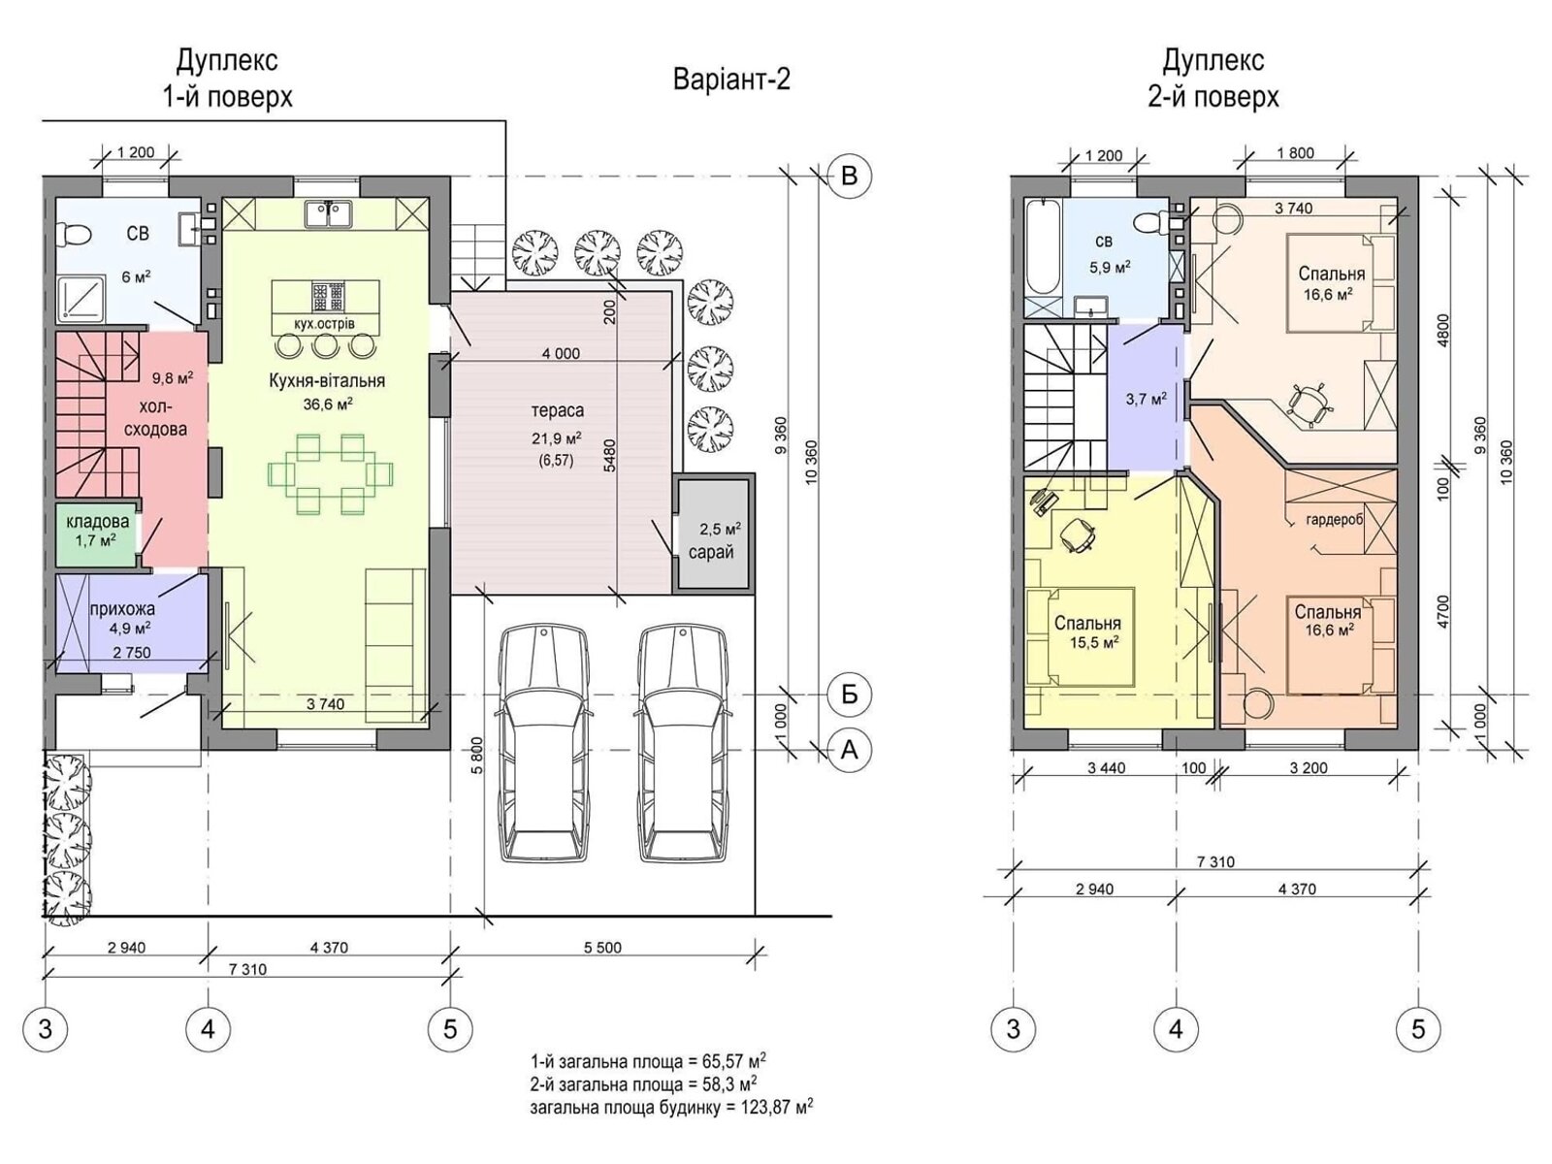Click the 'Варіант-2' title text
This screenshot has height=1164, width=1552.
click(731, 80)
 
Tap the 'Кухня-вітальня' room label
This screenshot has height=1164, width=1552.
click(327, 381)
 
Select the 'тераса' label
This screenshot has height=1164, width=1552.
click(557, 410)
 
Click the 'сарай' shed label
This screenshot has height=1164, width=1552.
click(711, 552)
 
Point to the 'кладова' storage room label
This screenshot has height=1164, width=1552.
click(98, 522)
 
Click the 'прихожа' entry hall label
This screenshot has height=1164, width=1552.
click(122, 608)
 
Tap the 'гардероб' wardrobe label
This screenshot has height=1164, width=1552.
click(1334, 520)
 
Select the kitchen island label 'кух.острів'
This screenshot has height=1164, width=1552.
click(325, 324)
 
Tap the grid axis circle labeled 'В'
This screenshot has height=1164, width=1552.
click(850, 176)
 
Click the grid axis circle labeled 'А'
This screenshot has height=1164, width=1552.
click(850, 749)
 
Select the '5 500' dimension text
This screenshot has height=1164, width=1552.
click(602, 947)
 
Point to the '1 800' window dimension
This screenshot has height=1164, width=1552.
click(1295, 152)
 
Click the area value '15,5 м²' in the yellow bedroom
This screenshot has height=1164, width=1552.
click(1094, 642)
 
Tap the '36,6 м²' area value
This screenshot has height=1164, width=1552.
click(327, 404)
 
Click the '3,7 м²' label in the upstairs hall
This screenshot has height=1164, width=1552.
click(1147, 400)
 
